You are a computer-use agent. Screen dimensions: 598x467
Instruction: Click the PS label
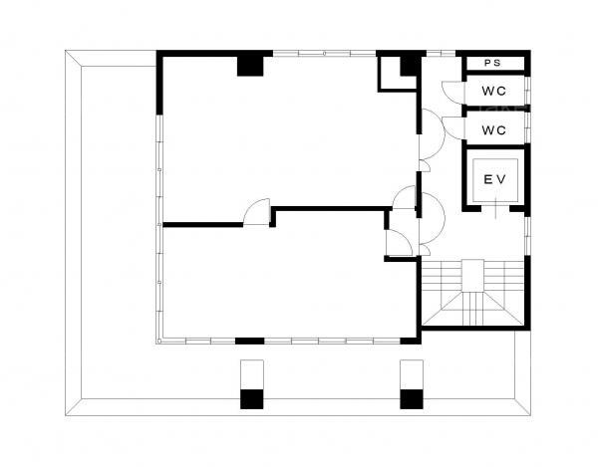tap(492, 64)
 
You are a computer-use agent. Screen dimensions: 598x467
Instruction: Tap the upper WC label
tap(493, 91)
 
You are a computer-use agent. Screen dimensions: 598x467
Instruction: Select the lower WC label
tap(493, 130)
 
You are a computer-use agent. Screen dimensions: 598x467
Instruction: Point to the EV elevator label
tap(494, 179)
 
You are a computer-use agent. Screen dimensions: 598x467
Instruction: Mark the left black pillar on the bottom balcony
tap(252, 399)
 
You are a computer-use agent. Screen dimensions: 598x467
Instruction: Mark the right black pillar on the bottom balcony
tap(412, 399)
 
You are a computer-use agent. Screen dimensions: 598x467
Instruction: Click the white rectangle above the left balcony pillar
tap(252, 374)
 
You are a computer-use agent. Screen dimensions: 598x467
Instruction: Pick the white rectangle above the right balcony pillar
tap(412, 374)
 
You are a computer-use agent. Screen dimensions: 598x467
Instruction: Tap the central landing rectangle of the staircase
tap(472, 276)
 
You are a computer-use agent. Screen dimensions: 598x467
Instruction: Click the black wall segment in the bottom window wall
tap(250, 341)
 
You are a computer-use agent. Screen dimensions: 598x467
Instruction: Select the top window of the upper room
tap(325, 54)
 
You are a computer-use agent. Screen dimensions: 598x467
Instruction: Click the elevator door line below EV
tap(495, 209)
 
